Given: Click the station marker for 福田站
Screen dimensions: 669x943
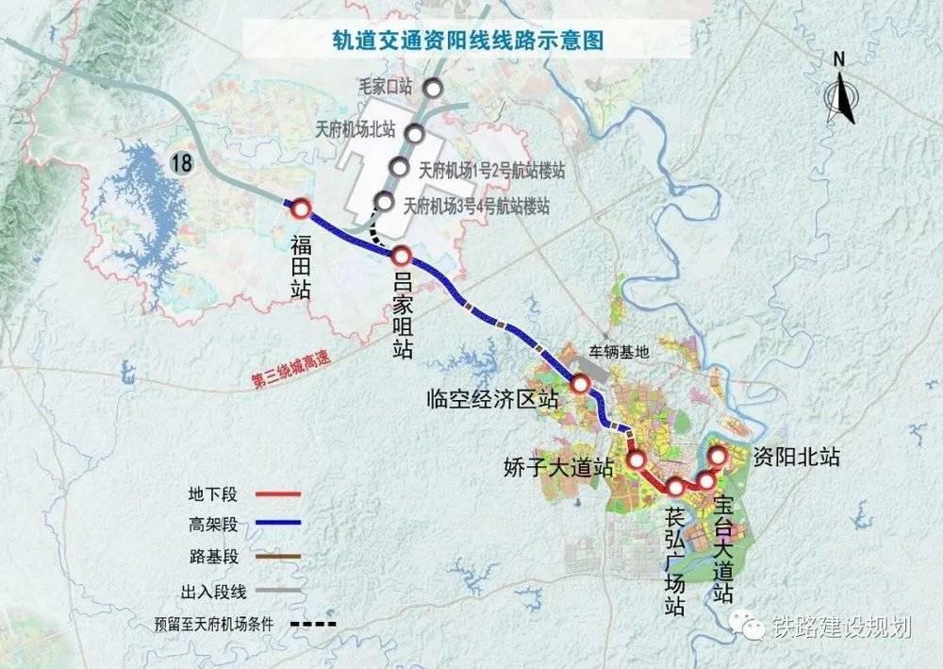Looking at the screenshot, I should tap(301, 209).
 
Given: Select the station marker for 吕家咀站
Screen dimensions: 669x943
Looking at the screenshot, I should tap(401, 256).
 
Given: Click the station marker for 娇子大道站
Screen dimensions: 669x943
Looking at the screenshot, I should tap(637, 460).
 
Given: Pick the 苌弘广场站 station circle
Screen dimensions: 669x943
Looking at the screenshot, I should tap(675, 487).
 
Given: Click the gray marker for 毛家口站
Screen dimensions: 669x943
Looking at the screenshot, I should tap(433, 89).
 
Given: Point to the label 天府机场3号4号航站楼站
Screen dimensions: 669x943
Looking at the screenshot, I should tap(476, 205).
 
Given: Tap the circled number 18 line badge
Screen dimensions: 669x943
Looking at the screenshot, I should tap(181, 162).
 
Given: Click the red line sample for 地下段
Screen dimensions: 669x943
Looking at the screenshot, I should tap(271, 493).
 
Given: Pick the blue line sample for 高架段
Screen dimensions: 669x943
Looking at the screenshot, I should tap(271, 525).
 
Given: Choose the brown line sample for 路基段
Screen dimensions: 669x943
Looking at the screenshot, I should tap(271, 557).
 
